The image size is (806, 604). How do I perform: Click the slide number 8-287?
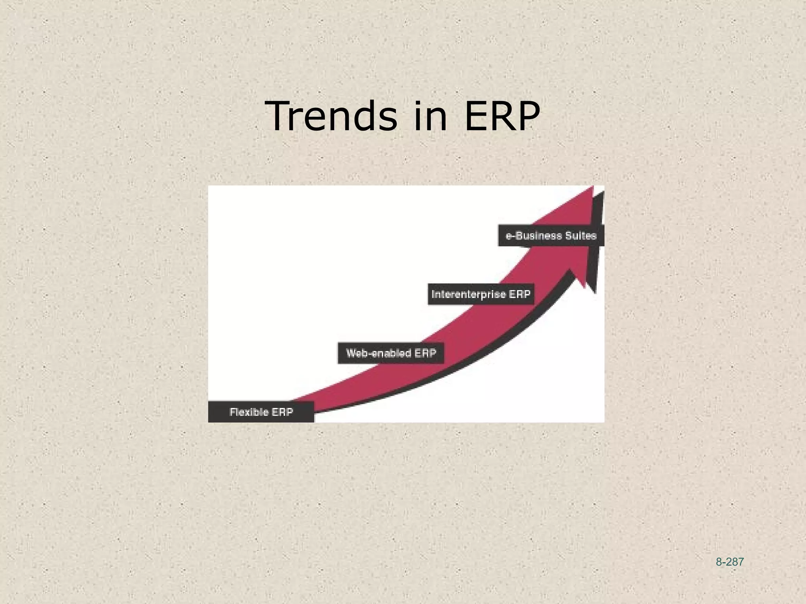730,562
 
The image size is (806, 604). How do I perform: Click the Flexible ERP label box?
261,412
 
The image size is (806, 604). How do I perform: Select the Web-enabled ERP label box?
391,353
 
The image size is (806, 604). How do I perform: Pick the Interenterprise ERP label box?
481,294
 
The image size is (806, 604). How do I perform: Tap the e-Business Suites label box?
551,236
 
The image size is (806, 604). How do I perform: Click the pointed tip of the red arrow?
592,188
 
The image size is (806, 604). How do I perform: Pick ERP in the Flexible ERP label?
282,412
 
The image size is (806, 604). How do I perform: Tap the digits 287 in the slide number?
735,562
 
